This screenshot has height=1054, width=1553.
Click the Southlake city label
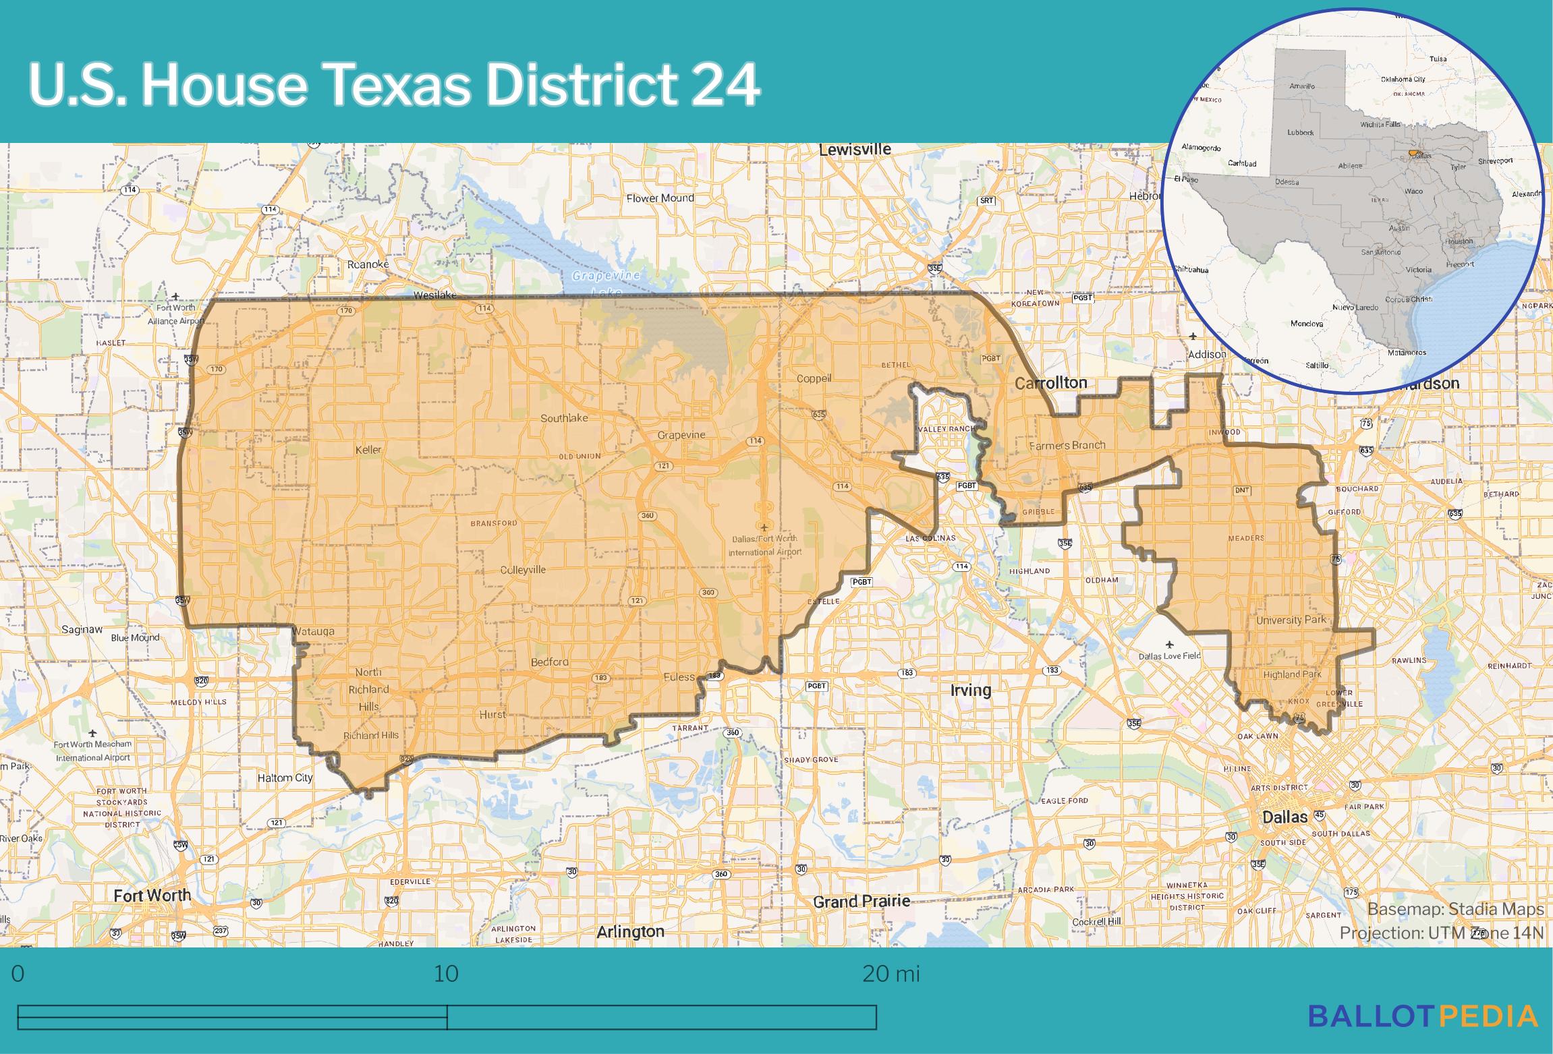564,418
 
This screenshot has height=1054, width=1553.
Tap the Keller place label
368,450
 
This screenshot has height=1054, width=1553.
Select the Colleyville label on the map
523,570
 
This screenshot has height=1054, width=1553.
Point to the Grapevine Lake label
606,284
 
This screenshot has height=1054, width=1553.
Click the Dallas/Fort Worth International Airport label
765,545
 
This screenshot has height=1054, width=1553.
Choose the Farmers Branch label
1067,445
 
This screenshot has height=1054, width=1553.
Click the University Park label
1291,620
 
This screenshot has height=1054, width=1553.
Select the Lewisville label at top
855,150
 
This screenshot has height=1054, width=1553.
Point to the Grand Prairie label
861,901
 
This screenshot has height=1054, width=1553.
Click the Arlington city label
630,931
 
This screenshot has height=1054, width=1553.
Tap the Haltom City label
285,778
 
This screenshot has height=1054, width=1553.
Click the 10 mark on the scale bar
446,974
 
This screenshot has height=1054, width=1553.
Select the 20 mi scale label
891,974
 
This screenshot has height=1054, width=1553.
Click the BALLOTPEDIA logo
1423,1016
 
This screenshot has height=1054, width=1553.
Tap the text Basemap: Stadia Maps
1455,909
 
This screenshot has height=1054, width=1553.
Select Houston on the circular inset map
1459,241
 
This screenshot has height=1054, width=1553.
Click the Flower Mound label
660,198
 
